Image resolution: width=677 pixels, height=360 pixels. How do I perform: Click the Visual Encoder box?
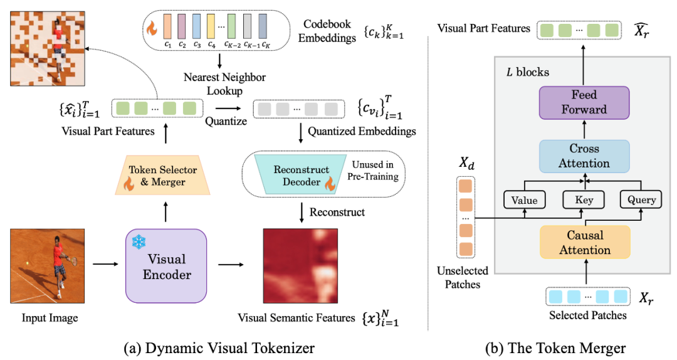coord(166,266)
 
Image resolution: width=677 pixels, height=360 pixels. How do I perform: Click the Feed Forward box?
coord(584,102)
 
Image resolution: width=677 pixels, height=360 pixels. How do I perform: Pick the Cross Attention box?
coord(584,156)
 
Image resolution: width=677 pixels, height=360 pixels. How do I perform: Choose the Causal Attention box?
coord(584,243)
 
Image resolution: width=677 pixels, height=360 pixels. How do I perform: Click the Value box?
coord(525,200)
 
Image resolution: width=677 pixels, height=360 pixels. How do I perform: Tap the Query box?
coord(641,200)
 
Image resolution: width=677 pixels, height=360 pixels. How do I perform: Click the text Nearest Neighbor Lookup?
coord(224,83)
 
